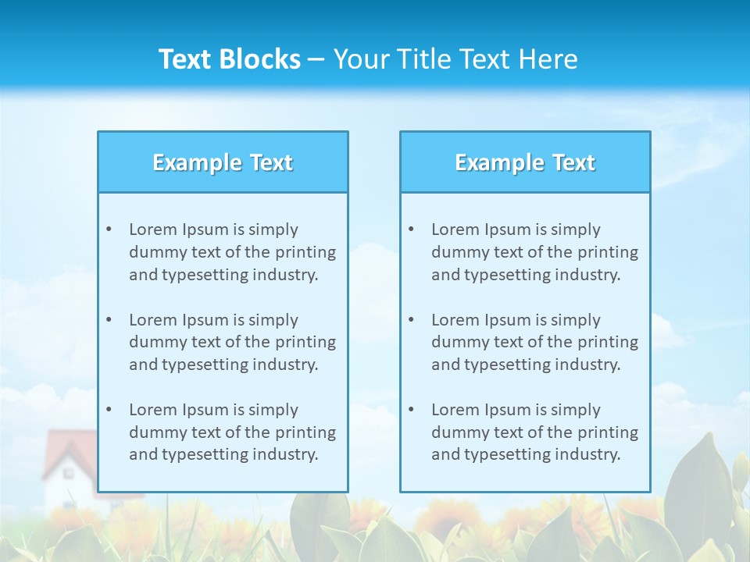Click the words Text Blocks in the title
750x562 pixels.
click(229, 59)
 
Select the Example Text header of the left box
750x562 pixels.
click(223, 162)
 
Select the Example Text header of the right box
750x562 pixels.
click(525, 162)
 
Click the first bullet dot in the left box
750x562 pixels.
click(109, 229)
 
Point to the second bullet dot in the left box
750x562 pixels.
click(109, 320)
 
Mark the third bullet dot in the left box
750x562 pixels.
click(109, 410)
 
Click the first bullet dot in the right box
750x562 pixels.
click(411, 229)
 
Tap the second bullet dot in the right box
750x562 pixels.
click(411, 320)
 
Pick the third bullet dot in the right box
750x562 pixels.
click(411, 410)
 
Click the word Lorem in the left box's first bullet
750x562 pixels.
click(153, 229)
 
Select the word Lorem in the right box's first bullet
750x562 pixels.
click(455, 229)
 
